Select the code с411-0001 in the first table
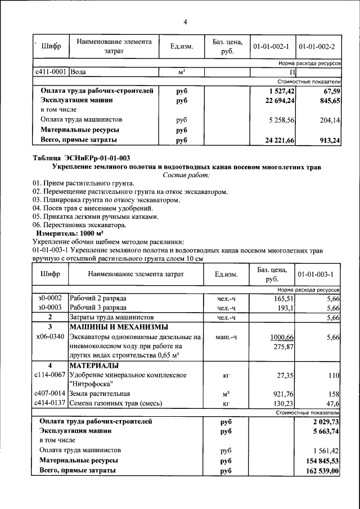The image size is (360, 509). [x=52, y=72]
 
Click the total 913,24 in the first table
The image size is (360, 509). [x=328, y=141]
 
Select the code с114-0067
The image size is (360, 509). [x=51, y=375]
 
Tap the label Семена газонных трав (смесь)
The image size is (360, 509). [x=116, y=403]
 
